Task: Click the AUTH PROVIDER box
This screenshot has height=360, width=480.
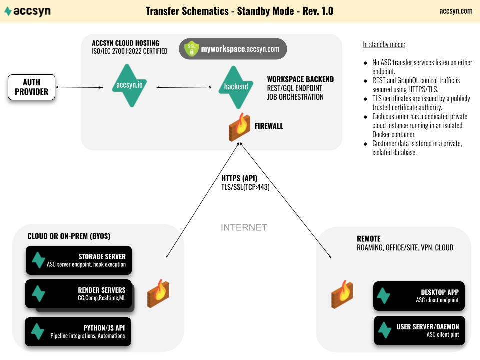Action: coord(32,87)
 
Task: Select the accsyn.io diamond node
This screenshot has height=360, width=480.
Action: coord(130,85)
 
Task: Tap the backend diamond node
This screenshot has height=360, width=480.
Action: coord(236,87)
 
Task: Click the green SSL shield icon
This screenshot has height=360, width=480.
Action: coord(192,49)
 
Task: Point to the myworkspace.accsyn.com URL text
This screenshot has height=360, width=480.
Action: coord(240,49)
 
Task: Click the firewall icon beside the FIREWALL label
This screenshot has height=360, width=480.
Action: coord(239,127)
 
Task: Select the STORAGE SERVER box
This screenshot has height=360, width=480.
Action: coord(79,260)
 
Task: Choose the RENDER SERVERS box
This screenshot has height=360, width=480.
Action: coord(79,294)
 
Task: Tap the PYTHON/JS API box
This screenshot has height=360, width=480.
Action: coord(78,332)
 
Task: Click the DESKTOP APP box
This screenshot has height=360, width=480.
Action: coord(419,296)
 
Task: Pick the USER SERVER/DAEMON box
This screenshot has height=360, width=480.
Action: coord(419,330)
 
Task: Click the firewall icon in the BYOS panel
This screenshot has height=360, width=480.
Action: coord(158,293)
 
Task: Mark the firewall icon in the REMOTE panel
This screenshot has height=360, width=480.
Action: coord(342,294)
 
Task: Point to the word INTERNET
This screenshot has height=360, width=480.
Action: coord(244,228)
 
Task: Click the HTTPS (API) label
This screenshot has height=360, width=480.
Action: coord(239,178)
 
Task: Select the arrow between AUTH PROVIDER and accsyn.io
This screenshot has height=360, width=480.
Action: coord(79,87)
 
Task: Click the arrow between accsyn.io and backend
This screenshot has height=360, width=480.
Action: coord(184,87)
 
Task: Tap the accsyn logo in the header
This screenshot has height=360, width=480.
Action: coord(28,11)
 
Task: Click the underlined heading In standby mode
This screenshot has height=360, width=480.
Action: coord(384,44)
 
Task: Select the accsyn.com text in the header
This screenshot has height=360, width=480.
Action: coord(456,11)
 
